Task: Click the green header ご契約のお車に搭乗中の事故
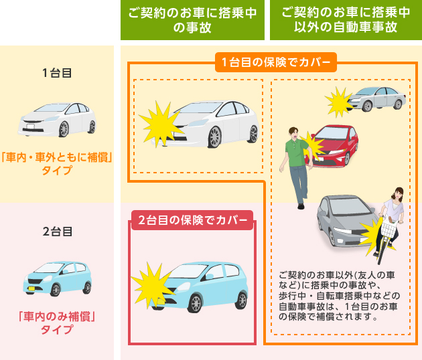(192, 21)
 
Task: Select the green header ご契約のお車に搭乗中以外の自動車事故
(346, 21)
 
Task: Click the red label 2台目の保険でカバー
(192, 220)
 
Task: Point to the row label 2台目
(56, 232)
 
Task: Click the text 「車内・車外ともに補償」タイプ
(56, 164)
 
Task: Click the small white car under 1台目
(57, 119)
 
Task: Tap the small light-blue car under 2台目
(57, 277)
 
